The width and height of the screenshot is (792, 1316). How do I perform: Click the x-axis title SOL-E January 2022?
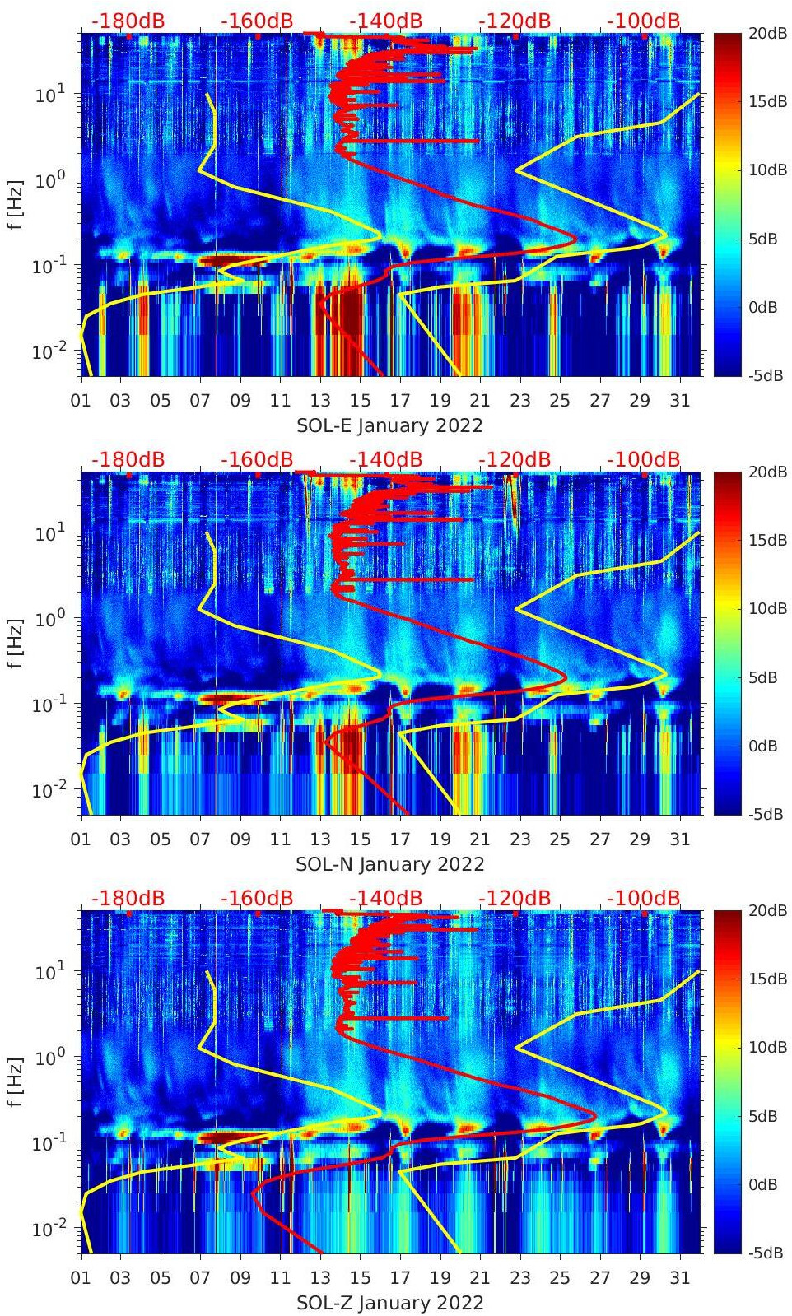389,425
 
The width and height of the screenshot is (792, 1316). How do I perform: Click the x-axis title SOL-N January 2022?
389,864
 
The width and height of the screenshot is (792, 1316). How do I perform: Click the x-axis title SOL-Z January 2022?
389,1303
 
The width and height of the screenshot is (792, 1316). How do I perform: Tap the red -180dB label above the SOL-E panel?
128,21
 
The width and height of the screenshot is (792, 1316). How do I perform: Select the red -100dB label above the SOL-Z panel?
644,898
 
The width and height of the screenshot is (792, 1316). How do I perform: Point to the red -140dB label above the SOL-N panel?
385,459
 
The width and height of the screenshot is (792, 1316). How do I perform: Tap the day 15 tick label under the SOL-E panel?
360,401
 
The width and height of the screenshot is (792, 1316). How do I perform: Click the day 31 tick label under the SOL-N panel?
679,839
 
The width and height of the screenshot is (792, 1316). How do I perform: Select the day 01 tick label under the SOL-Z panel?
81,1278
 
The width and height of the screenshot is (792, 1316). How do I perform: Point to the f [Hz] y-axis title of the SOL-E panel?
16,205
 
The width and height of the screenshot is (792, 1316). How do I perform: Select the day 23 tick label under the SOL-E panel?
519,401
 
